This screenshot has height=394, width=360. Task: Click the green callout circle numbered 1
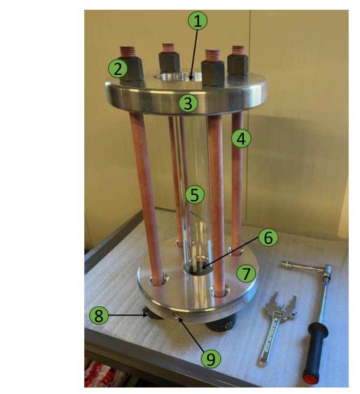pyautogui.click(x=198, y=21)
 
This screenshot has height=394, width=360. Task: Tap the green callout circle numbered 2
pyautogui.click(x=118, y=69)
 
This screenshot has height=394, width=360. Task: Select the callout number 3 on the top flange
pyautogui.click(x=189, y=103)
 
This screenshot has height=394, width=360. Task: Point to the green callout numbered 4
pyautogui.click(x=241, y=139)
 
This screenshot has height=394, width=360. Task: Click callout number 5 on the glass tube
pyautogui.click(x=195, y=194)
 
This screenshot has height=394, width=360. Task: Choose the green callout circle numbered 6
pyautogui.click(x=268, y=238)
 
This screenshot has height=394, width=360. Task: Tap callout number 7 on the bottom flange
pyautogui.click(x=246, y=273)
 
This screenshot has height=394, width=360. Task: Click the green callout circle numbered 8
pyautogui.click(x=99, y=316)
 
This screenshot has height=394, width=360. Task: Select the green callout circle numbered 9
pyautogui.click(x=211, y=359)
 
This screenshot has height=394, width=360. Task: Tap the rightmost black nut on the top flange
pyautogui.click(x=237, y=64)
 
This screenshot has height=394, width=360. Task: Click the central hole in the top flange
pyautogui.click(x=178, y=77)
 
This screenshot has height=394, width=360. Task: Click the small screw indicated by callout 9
pyautogui.click(x=177, y=316)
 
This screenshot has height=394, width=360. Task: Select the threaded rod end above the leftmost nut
pyautogui.click(x=128, y=52)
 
